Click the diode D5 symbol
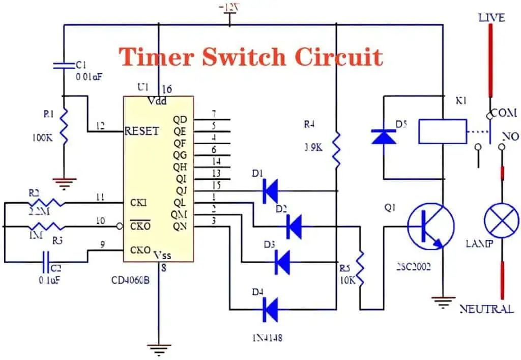(x=384, y=136)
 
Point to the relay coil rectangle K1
(x=442, y=131)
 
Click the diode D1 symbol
(x=270, y=191)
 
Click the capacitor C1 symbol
(x=64, y=65)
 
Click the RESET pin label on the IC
(x=142, y=131)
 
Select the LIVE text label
(x=491, y=18)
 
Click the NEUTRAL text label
(x=486, y=309)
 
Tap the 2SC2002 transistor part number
(x=413, y=266)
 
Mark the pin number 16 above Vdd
(x=166, y=90)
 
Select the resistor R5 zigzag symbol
(x=362, y=267)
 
